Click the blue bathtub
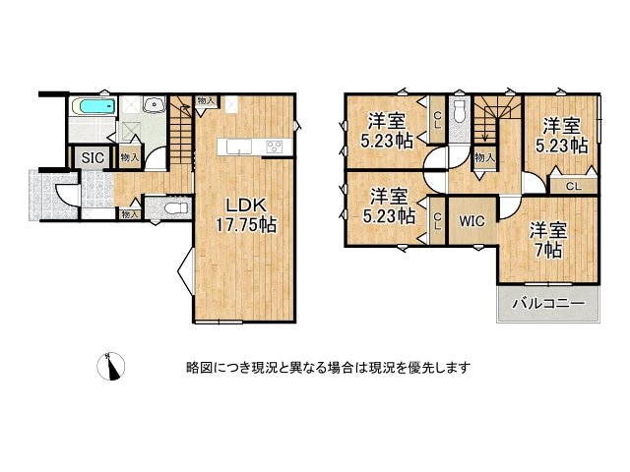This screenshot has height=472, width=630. click(x=94, y=107)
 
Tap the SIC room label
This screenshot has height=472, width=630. click(x=93, y=157)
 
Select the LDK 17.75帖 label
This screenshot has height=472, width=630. click(x=246, y=215)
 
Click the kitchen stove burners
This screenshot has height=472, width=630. click(x=275, y=147)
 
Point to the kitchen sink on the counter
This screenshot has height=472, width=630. click(x=239, y=147)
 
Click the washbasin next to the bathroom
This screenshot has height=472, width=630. click(x=154, y=104)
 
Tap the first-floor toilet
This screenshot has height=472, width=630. click(x=177, y=208)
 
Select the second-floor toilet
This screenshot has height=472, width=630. click(x=458, y=111)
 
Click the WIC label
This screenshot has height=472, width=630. click(x=472, y=221)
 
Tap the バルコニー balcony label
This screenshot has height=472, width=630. click(x=548, y=303)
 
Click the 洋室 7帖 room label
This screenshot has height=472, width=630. click(x=547, y=240)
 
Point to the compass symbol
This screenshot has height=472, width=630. click(x=111, y=366)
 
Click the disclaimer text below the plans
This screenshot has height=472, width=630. click(x=328, y=367)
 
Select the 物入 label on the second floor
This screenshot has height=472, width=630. click(x=484, y=157)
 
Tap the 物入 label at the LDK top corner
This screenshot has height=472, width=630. click(x=207, y=100)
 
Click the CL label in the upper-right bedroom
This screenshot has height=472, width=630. click(x=573, y=186)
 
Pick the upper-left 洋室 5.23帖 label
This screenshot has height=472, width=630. click(x=387, y=131)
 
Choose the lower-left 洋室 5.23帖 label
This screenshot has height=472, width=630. click(x=389, y=206)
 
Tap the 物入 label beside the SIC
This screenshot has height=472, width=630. click(x=130, y=157)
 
